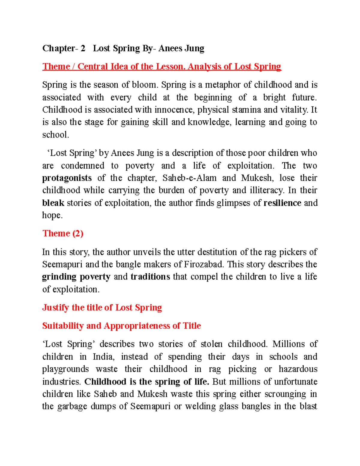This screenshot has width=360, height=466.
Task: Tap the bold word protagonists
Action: pyautogui.click(x=67, y=178)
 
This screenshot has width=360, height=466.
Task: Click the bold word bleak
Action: pyautogui.click(x=53, y=203)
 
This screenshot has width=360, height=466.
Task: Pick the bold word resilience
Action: pyautogui.click(x=282, y=203)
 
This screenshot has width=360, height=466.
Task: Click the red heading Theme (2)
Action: pyautogui.click(x=63, y=233)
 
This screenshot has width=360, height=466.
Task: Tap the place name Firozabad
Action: pyautogui.click(x=204, y=264)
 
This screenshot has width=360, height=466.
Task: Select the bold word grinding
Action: pyautogui.click(x=59, y=277)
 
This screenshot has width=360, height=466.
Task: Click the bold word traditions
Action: pyautogui.click(x=150, y=277)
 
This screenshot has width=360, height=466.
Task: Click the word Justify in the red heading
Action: pyautogui.click(x=55, y=308)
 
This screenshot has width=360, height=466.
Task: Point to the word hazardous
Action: pyautogui.click(x=298, y=369)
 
